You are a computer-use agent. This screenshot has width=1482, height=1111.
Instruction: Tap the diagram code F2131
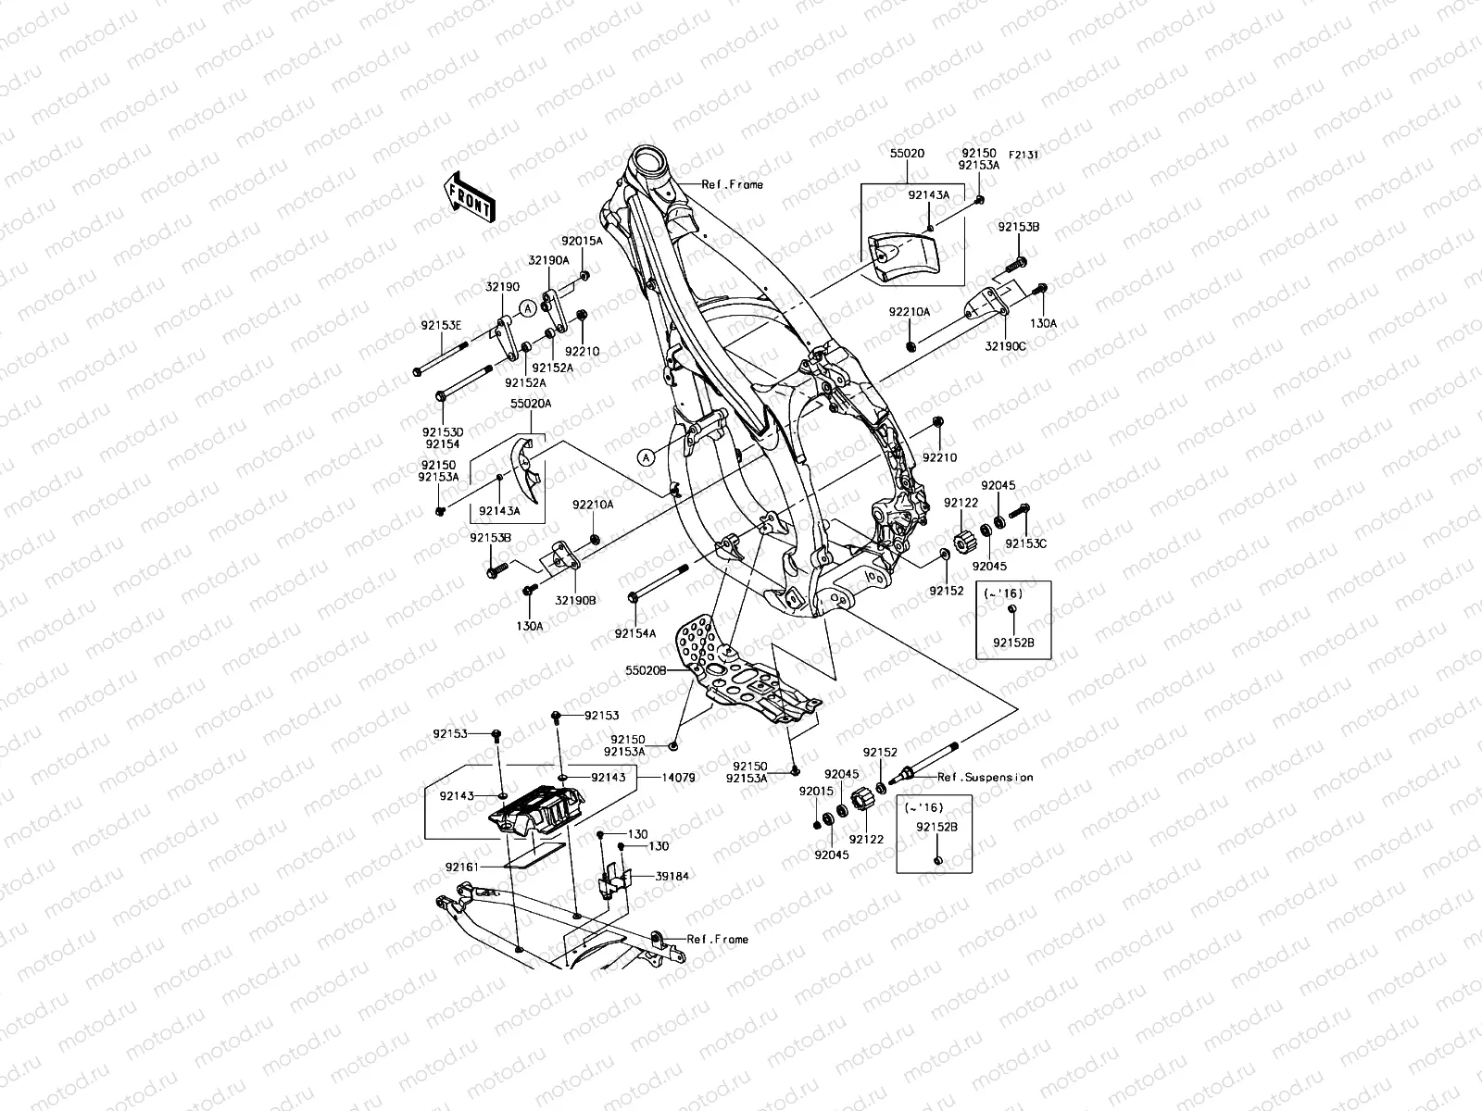click(x=1024, y=155)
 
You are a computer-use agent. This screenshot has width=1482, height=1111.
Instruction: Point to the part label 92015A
click(x=583, y=241)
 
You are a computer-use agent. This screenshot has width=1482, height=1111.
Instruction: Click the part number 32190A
click(x=549, y=261)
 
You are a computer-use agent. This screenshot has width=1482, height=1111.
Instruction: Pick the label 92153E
click(x=441, y=325)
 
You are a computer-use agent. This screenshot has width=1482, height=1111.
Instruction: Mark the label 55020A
click(x=532, y=405)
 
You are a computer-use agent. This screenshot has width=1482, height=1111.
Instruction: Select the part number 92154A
click(x=635, y=633)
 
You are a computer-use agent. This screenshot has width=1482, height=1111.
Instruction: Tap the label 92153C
click(x=1026, y=543)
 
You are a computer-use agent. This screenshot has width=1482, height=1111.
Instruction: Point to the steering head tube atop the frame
click(x=660, y=171)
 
